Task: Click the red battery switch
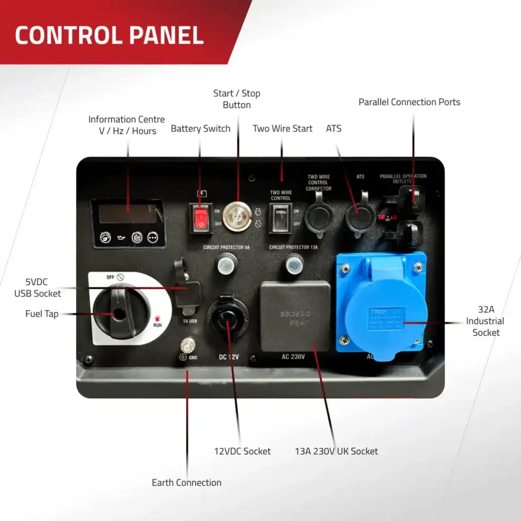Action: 201,218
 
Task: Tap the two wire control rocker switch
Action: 281,218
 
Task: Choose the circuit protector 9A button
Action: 226,264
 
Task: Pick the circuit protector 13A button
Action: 294,264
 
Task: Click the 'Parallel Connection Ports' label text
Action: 409,102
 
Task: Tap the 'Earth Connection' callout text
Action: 187,483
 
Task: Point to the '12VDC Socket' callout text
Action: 243,451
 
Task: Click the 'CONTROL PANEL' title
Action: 109,36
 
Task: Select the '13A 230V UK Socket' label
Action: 336,451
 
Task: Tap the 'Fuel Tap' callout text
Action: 42,314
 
